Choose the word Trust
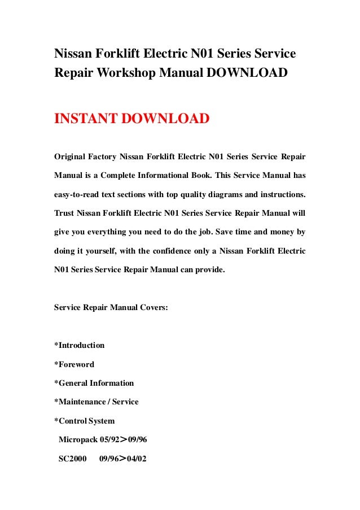[x=64, y=213]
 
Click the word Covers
[x=152, y=308]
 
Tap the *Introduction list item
[x=79, y=345]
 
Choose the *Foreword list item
[x=74, y=364]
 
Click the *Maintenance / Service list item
[x=96, y=402]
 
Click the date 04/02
[x=135, y=459]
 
